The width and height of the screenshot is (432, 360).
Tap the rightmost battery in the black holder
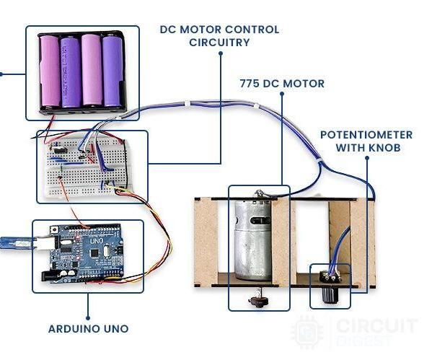tap(113, 71)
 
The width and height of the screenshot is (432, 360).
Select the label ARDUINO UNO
tap(88, 329)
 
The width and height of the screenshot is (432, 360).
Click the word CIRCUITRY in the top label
tap(219, 43)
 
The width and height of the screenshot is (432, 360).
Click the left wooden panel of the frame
tap(206, 242)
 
